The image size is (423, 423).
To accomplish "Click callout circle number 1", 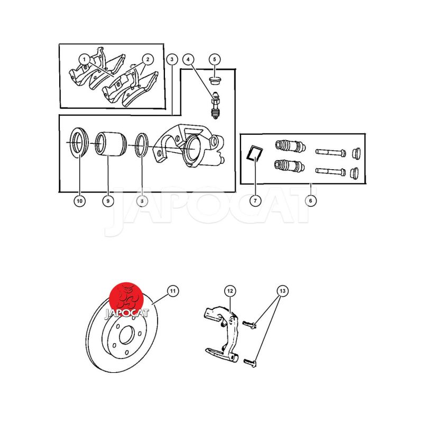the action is (x=85, y=59).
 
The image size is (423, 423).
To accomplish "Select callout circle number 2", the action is (x=148, y=59).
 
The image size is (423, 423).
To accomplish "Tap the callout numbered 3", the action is (x=172, y=59).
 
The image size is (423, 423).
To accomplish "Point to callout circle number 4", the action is (x=188, y=59).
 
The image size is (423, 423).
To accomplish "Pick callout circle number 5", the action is (x=215, y=59).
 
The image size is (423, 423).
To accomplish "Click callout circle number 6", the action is (x=310, y=201).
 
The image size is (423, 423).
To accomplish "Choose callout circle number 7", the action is (x=255, y=201).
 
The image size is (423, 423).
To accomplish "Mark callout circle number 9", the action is (x=108, y=201).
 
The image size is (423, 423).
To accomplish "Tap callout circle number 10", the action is (x=80, y=201).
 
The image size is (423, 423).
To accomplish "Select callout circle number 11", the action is (x=173, y=291).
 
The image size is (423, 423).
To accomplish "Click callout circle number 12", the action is (x=230, y=291).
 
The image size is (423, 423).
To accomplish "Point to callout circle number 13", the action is (x=282, y=291).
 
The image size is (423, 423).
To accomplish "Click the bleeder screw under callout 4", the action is (x=215, y=106).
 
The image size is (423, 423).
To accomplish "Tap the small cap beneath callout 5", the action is (x=215, y=80).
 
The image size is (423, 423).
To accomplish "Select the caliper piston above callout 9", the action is (x=111, y=143).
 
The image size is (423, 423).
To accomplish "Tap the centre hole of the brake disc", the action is (x=127, y=335).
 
